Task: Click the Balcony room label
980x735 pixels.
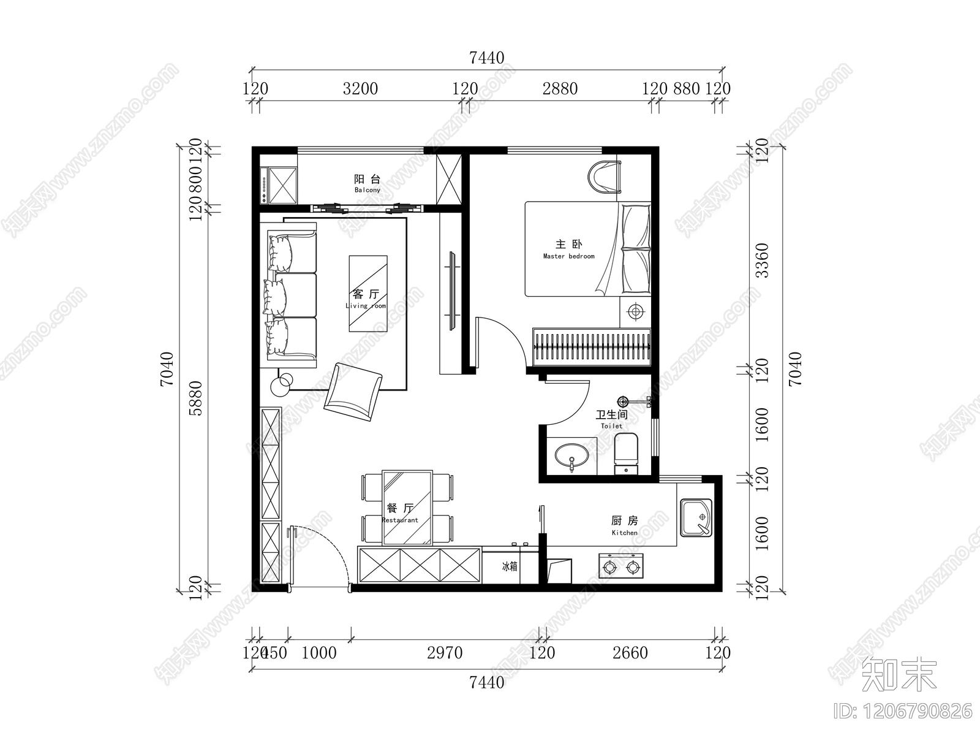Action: [x=367, y=183]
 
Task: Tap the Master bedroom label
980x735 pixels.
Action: [x=568, y=249]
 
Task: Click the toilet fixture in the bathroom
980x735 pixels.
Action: [x=626, y=453]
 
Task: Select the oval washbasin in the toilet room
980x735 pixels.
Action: [x=572, y=456]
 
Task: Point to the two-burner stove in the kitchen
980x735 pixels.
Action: [x=621, y=566]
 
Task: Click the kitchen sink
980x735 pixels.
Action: [x=696, y=519]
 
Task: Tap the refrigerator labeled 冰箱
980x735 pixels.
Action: [x=509, y=566]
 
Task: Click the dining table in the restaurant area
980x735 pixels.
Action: [x=407, y=508]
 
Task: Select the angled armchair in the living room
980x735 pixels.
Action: [x=353, y=391]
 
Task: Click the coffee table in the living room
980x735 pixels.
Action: [x=368, y=293]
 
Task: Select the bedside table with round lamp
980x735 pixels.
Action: [x=635, y=312]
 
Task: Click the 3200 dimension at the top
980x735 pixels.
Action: [x=360, y=89]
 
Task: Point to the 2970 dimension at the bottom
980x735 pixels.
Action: [x=445, y=653]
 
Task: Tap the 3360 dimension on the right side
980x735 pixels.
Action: [x=761, y=261]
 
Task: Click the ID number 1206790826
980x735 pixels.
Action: [x=903, y=711]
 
